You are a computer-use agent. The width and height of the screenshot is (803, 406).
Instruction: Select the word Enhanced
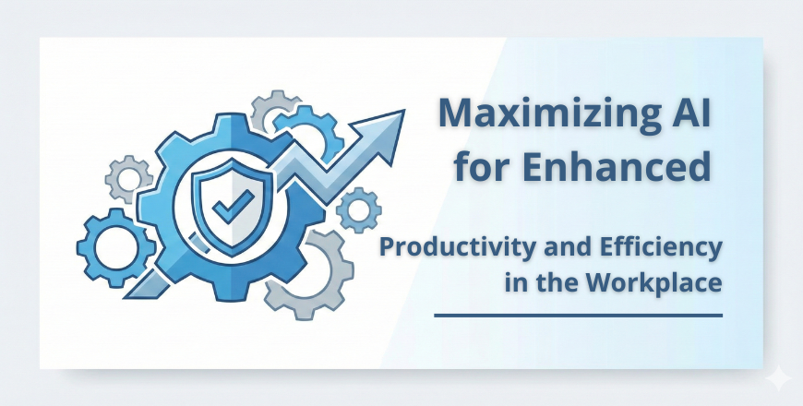pyautogui.click(x=617, y=166)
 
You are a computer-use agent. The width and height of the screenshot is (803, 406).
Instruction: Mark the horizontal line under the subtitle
pyautogui.click(x=578, y=316)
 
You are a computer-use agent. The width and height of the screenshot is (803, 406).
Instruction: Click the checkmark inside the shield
pyautogui.click(x=234, y=206)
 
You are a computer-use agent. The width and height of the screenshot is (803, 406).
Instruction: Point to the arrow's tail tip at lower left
pyautogui.click(x=126, y=297)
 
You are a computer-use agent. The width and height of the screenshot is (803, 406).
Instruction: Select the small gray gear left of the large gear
pyautogui.click(x=129, y=179)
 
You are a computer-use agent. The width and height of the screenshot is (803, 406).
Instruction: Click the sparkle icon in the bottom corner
pyautogui.click(x=778, y=378)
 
